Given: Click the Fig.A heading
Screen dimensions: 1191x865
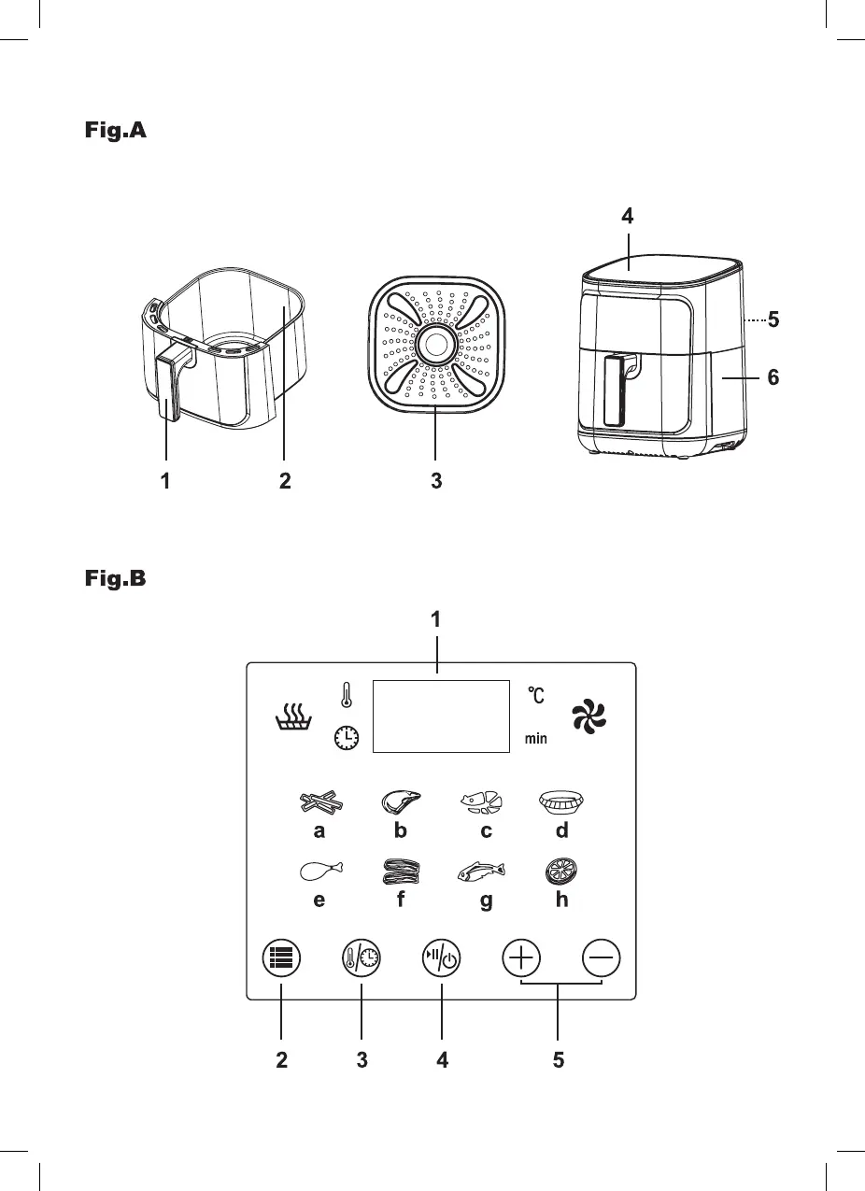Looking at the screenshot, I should pyautogui.click(x=111, y=131).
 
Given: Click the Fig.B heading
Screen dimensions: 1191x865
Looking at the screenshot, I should pyautogui.click(x=111, y=579).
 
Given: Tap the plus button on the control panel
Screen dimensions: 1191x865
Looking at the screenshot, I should pyautogui.click(x=522, y=960).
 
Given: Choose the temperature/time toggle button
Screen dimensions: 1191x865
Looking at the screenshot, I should pyautogui.click(x=361, y=960).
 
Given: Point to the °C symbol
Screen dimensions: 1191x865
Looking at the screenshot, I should pyautogui.click(x=535, y=695).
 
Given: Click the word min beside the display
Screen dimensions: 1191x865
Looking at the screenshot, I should pyautogui.click(x=535, y=739).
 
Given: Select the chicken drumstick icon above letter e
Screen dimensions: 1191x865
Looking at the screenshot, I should pyautogui.click(x=321, y=872).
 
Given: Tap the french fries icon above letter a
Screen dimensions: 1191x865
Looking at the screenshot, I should pyautogui.click(x=321, y=802).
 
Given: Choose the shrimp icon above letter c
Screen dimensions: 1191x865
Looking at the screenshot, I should pyautogui.click(x=481, y=802).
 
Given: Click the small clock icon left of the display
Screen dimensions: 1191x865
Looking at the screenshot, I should pyautogui.click(x=347, y=738).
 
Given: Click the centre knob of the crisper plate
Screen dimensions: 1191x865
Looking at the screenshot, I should pyautogui.click(x=436, y=345).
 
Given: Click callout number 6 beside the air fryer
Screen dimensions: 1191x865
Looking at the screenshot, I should pyautogui.click(x=772, y=378).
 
